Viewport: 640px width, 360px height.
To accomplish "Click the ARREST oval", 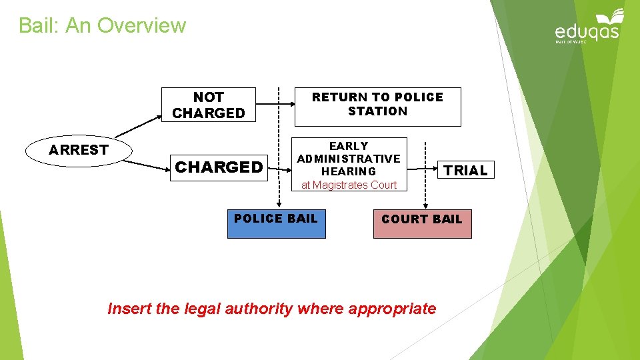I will pos(78,150).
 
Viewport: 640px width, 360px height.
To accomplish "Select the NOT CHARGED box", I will pos(208,105).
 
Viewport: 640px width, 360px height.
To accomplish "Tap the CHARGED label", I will pos(219,167).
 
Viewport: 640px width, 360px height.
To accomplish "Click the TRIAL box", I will pos(466,171).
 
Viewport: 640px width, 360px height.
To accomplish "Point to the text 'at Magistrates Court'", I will pos(349,185).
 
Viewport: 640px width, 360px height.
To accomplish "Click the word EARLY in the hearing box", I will pos(349,146).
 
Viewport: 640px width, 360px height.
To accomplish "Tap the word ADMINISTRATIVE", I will pos(349,159).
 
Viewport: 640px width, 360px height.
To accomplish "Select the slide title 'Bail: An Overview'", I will pos(102,25).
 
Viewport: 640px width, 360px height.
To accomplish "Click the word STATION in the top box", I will pos(377,111).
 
